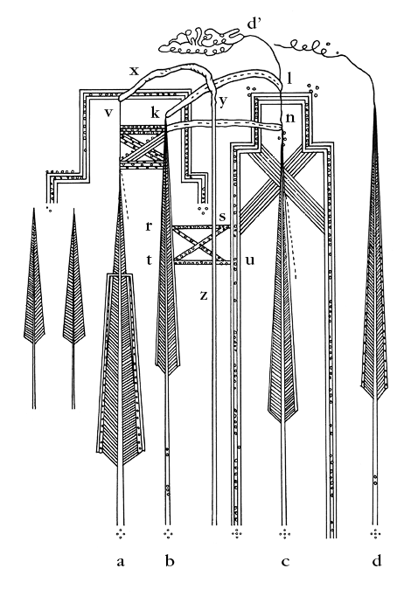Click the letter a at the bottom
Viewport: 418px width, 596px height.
[x=120, y=561]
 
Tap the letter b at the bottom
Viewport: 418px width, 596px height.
[x=170, y=560]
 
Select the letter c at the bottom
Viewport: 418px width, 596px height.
[x=285, y=562]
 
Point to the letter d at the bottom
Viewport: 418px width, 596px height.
[x=377, y=560]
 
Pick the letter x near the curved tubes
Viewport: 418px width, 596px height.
[x=134, y=71]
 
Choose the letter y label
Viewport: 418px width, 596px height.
[x=223, y=102]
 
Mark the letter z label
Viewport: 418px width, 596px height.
[x=204, y=295]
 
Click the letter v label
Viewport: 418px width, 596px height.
[x=108, y=113]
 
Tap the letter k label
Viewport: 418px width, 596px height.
[x=155, y=112]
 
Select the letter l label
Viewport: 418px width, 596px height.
[x=289, y=78]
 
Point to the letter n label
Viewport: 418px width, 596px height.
[x=290, y=117]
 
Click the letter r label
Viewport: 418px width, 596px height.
[x=149, y=226]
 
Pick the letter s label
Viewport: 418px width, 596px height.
[x=222, y=217]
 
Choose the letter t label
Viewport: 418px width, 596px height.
[x=149, y=260]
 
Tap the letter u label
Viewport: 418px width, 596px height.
[x=249, y=260]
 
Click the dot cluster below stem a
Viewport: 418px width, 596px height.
[x=121, y=534]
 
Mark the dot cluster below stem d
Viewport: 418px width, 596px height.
[x=376, y=534]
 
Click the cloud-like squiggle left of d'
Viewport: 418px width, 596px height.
[x=202, y=41]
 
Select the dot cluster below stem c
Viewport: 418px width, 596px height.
[x=284, y=534]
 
